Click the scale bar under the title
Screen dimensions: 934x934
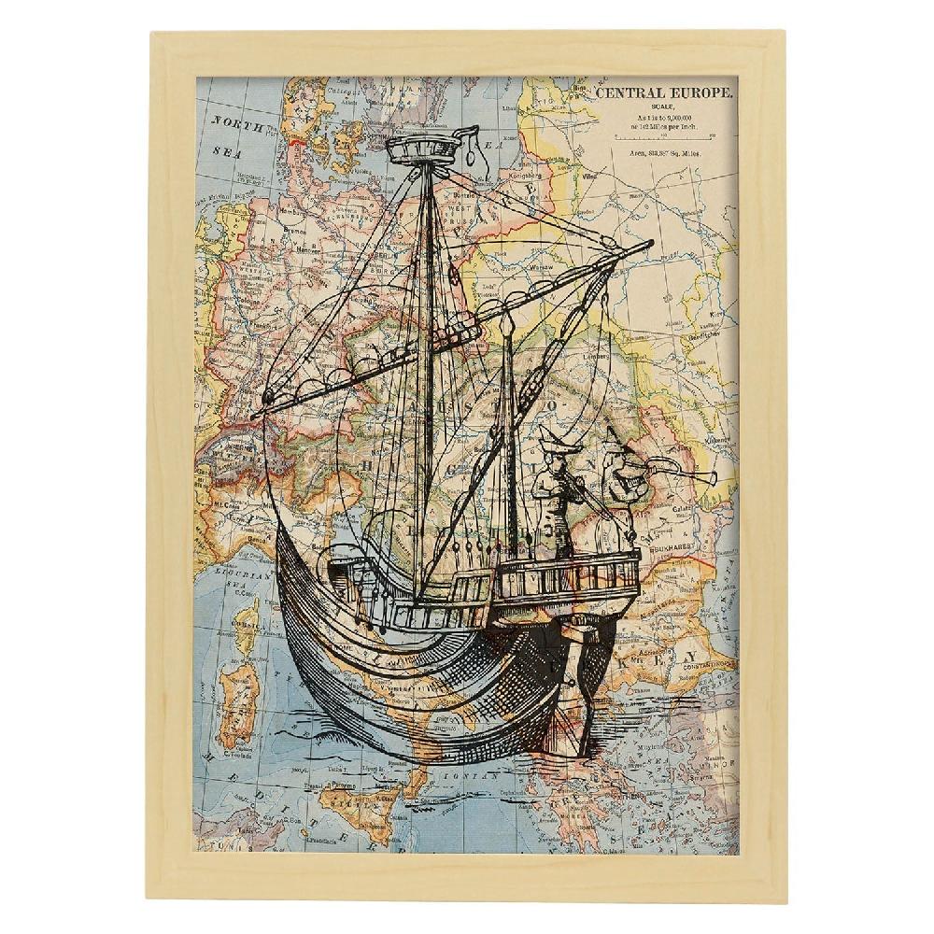[664, 136]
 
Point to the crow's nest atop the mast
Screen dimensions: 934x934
[426, 149]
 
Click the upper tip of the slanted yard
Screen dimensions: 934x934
[649, 244]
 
